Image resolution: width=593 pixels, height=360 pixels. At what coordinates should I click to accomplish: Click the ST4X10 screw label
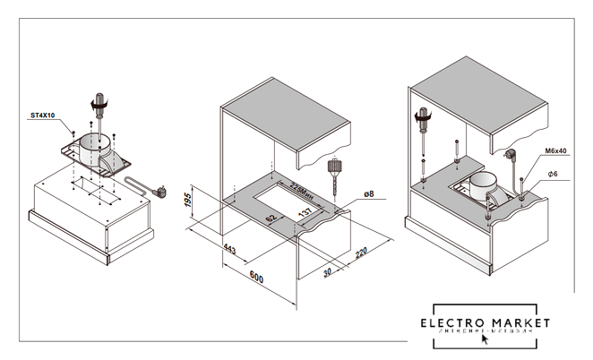coord(42,116)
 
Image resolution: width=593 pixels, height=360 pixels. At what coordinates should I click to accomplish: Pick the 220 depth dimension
coord(361,253)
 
